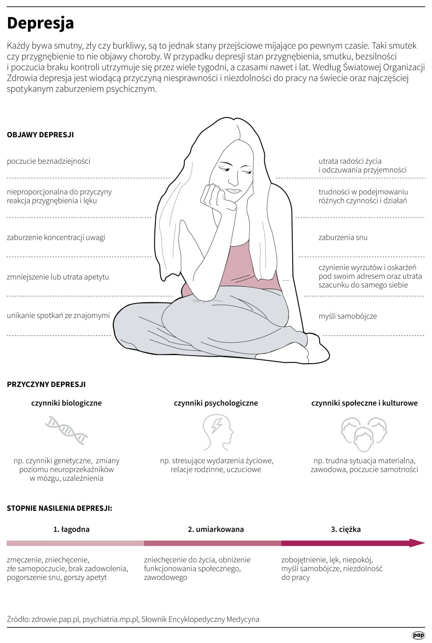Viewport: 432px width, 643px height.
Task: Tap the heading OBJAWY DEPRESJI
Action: click(40, 134)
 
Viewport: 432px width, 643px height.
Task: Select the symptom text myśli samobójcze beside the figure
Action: click(347, 317)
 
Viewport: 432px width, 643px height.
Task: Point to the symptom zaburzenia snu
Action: click(343, 237)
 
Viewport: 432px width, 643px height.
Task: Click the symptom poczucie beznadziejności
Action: click(49, 161)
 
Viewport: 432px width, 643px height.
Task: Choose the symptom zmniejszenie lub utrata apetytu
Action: click(58, 277)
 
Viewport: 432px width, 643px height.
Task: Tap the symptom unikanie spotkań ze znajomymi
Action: click(59, 316)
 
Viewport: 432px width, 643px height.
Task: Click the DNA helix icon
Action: click(67, 430)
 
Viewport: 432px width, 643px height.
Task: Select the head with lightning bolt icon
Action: click(218, 432)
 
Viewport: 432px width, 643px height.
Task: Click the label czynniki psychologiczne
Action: click(216, 403)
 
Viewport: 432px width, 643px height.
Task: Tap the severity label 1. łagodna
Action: click(71, 529)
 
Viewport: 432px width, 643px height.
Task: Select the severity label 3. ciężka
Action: click(346, 529)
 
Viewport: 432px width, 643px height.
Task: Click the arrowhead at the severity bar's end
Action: click(418, 543)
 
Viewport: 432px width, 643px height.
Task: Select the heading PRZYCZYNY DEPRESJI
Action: click(46, 384)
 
